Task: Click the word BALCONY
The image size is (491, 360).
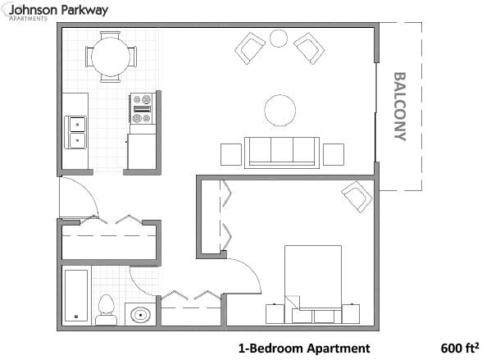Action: point(400,107)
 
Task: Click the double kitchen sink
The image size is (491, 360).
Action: point(76,131)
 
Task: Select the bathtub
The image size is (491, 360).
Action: point(76,296)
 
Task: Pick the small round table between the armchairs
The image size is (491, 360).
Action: point(279,39)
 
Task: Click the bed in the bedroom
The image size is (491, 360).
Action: point(313,279)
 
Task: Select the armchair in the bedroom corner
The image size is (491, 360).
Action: point(357,196)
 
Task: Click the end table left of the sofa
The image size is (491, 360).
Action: point(231,154)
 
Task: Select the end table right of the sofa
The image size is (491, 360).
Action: point(333,154)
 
